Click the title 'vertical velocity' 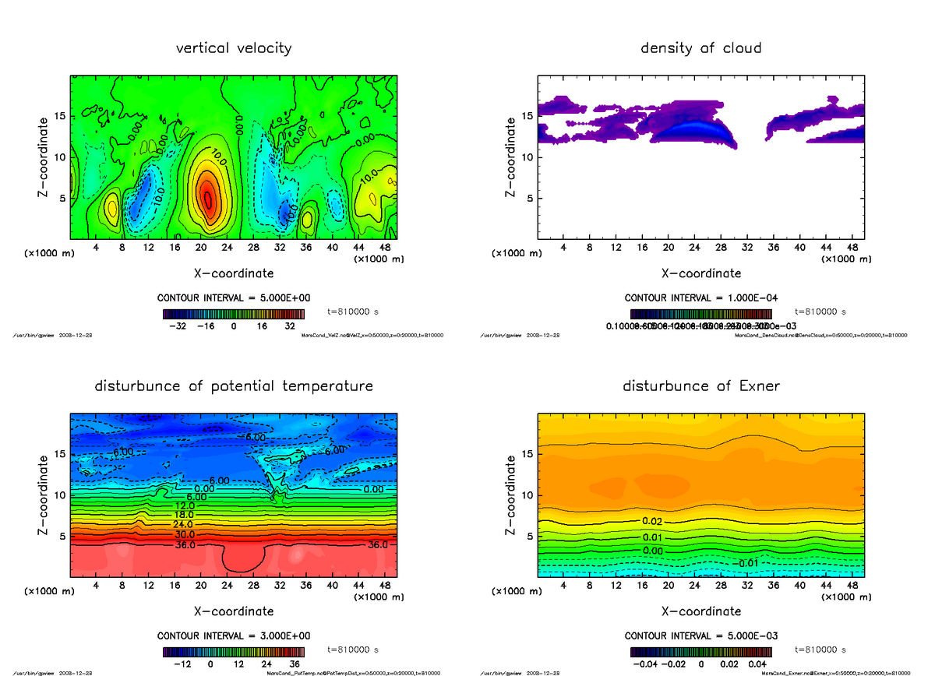click(234, 48)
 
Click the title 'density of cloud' click(700, 48)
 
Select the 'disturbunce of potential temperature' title click(234, 386)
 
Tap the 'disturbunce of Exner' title click(700, 386)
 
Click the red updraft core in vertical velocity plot click(206, 196)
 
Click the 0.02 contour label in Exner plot click(652, 520)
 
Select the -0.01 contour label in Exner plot click(747, 562)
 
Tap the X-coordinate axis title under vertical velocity click(234, 273)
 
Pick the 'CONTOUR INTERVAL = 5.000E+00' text click(234, 298)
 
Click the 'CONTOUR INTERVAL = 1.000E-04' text click(701, 298)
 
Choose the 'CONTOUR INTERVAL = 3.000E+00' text click(234, 636)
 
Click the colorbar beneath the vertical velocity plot click(234, 314)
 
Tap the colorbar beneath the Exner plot click(701, 651)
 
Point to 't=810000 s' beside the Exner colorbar click(820, 650)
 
